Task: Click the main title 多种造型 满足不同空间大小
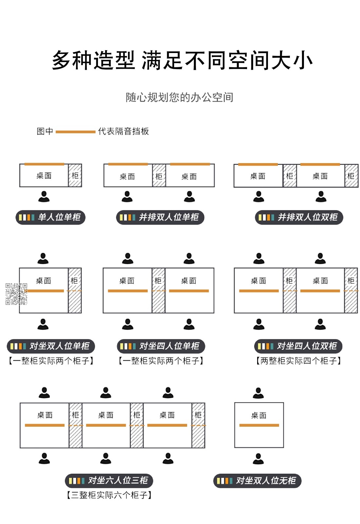[182, 60]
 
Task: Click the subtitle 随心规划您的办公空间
[180, 97]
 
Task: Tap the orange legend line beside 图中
[76, 132]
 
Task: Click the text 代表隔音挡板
[123, 131]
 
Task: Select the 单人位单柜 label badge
[50, 217]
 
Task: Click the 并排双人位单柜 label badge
[160, 217]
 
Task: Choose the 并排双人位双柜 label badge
[299, 217]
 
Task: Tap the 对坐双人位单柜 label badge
[51, 346]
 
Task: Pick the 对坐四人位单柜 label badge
[161, 346]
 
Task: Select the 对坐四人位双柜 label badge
[298, 346]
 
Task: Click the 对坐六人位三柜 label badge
[109, 480]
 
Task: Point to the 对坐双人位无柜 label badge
[257, 480]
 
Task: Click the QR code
[16, 294]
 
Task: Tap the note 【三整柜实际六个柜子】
[109, 495]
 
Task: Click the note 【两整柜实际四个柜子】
[298, 361]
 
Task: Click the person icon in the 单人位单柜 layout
[44, 196]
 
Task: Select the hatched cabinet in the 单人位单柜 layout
[75, 176]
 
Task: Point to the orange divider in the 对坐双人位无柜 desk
[259, 425]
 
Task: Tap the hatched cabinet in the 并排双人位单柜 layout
[159, 176]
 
